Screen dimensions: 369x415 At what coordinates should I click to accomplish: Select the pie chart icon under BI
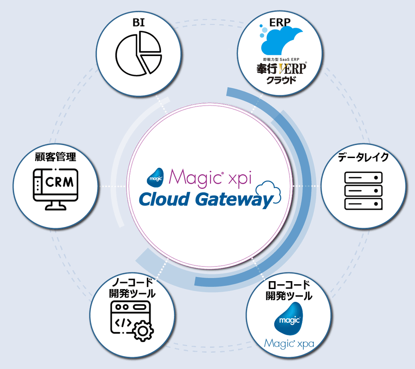tap(138, 52)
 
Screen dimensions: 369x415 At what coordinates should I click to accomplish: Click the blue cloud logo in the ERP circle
tap(281, 41)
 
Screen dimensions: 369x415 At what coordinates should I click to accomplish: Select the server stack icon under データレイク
tap(363, 191)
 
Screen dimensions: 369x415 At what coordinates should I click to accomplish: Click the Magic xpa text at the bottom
tap(289, 343)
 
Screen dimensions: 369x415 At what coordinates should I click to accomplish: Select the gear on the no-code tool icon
tap(142, 330)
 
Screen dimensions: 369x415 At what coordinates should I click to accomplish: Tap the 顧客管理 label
tap(56, 157)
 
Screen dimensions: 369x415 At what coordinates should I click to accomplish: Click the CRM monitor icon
tap(56, 188)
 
